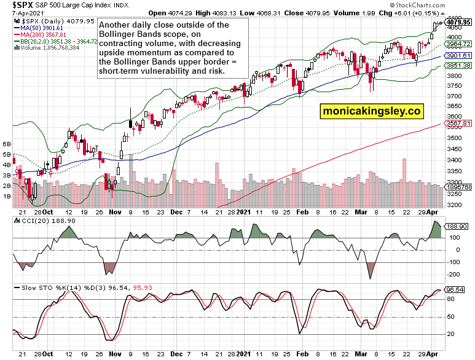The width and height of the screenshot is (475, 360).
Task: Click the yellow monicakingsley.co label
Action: pos(371,111)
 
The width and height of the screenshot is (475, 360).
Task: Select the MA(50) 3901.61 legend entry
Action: pos(41,28)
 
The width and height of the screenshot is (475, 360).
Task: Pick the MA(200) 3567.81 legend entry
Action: pos(41,34)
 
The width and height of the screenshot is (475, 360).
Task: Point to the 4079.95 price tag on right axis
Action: pos(458,22)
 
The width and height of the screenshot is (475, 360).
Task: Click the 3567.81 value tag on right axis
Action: pos(458,123)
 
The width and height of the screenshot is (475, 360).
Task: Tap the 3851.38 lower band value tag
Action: pos(458,66)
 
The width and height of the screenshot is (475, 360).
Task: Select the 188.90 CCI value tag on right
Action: pos(457,226)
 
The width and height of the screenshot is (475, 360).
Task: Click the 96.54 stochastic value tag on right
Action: pos(455,289)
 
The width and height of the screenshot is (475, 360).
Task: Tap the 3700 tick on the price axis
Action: pos(455,96)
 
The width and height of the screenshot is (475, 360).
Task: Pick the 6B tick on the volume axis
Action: pos(7,144)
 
